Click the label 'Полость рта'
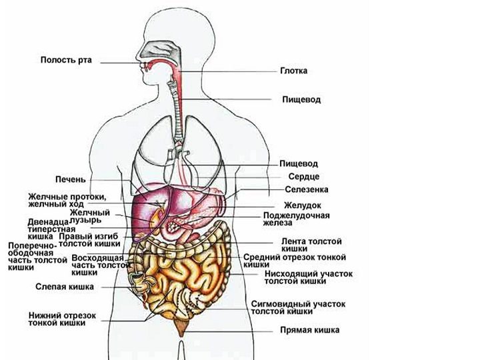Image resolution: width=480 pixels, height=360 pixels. click(x=66, y=60)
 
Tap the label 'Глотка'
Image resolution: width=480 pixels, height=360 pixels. click(x=293, y=71)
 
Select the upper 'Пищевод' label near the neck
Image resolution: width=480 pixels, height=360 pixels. click(x=301, y=100)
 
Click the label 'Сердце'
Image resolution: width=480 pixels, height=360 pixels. click(x=304, y=177)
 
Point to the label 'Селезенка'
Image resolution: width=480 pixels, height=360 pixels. click(x=307, y=189)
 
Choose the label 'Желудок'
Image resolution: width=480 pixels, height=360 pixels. click(x=303, y=205)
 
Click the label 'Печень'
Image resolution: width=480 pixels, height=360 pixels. click(x=71, y=179)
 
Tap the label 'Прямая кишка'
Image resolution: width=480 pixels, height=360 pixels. click(x=309, y=330)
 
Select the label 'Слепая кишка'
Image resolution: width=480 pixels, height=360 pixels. click(x=65, y=287)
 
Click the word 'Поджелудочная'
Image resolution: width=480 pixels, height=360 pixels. click(x=296, y=215)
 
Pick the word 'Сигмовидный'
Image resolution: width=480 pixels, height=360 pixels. click(x=281, y=304)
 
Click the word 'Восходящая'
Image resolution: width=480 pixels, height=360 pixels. click(x=97, y=258)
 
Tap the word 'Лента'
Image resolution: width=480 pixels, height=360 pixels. click(x=293, y=241)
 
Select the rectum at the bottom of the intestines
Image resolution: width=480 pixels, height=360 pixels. click(x=182, y=326)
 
